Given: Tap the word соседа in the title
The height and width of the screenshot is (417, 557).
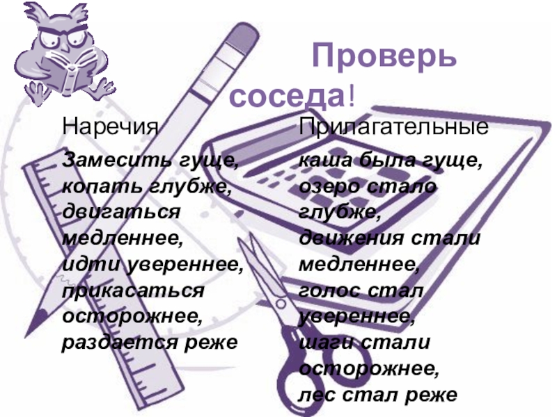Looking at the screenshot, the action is [287, 96].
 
